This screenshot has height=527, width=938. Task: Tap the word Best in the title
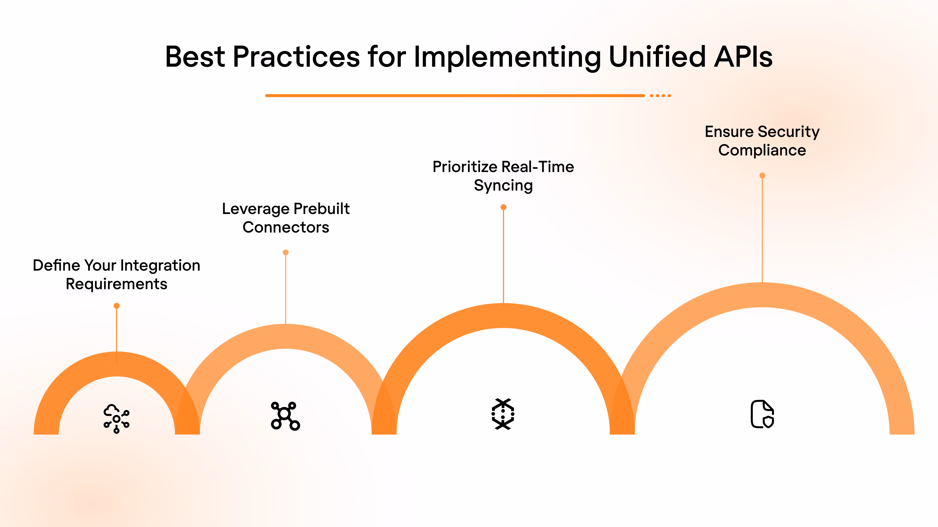(195, 57)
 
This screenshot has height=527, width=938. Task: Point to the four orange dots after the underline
(660, 96)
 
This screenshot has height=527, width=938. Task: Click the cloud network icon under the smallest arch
(117, 418)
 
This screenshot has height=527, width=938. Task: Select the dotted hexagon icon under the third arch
(503, 414)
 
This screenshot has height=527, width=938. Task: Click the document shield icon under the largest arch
(762, 414)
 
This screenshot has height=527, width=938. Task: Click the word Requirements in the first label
(117, 284)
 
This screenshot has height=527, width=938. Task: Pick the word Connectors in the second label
(286, 227)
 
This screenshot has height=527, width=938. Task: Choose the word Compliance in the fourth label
(762, 150)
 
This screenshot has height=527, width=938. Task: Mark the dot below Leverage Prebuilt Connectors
(286, 253)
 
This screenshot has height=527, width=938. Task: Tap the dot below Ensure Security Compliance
(762, 176)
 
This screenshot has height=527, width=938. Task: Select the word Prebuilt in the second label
(321, 209)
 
